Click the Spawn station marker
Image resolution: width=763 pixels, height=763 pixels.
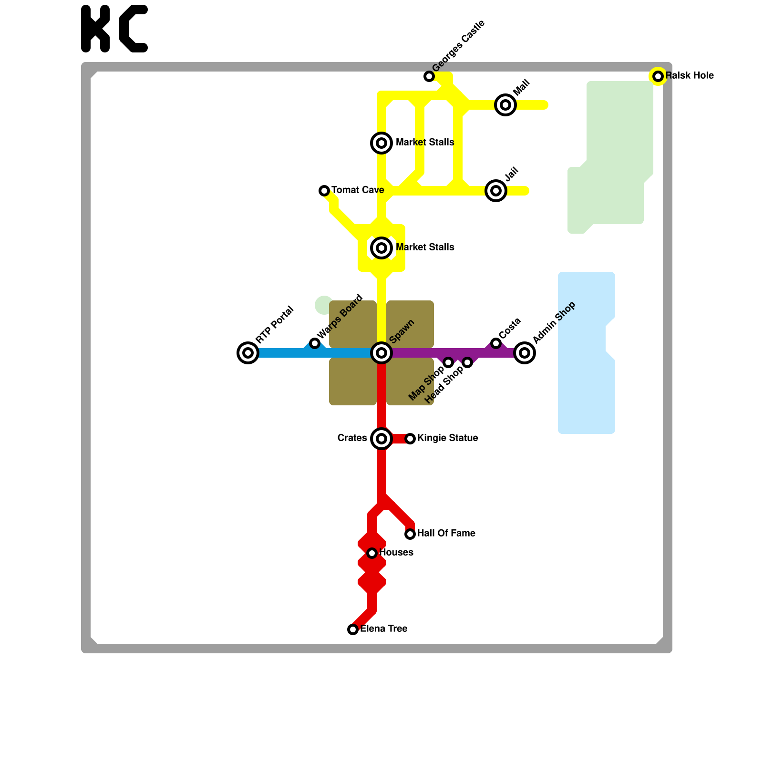[x=381, y=353]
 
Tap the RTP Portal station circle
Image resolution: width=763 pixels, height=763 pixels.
[x=248, y=353]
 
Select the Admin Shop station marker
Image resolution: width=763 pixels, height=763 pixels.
[x=525, y=353]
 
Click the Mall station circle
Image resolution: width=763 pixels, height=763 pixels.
[x=505, y=105]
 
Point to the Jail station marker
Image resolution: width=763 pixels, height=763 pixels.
[x=496, y=191]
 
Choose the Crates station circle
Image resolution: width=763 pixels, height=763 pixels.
[x=381, y=439]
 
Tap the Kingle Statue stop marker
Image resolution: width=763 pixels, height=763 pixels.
[x=410, y=439]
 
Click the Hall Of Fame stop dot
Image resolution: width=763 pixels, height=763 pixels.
[x=410, y=534]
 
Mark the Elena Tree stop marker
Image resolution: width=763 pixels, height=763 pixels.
[x=353, y=629]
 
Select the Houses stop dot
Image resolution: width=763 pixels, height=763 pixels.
[x=372, y=553]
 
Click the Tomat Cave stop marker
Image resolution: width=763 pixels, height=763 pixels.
[x=324, y=191]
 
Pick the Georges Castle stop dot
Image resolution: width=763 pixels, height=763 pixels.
[x=429, y=76]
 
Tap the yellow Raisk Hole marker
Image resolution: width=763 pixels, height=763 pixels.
[x=658, y=76]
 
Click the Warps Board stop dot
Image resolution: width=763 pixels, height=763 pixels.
[x=315, y=343]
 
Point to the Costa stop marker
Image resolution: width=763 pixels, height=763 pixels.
[x=496, y=343]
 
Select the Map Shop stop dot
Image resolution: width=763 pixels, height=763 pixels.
[x=448, y=362]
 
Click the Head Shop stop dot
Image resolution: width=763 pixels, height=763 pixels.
[x=467, y=362]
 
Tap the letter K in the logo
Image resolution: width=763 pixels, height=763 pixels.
[x=95, y=29]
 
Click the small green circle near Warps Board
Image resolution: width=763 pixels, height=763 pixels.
[x=324, y=305]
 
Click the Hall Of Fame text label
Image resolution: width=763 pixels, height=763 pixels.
[x=446, y=534]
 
